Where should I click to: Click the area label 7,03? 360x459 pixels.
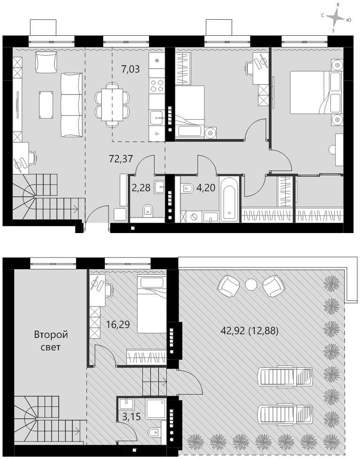coord(130,70)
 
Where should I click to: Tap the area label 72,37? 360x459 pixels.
coord(121,159)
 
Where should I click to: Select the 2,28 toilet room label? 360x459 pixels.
coord(141,187)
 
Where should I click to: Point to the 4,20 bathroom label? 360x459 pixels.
coord(206,187)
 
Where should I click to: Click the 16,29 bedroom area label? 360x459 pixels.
coord(118,324)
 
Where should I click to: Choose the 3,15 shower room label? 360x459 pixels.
coord(131,417)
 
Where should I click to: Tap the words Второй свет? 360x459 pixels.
coord(51,341)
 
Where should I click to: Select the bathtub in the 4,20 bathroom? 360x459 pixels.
coord(229,198)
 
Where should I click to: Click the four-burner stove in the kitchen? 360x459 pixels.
coord(157,85)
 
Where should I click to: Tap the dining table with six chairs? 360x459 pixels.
coord(112,104)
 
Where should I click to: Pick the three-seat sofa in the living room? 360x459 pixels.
coord(71,105)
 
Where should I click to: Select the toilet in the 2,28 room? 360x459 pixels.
coord(148,211)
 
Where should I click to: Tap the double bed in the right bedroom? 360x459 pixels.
coord(316,92)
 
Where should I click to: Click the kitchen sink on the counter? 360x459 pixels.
coord(157,118)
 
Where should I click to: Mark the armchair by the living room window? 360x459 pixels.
coord(46,62)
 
